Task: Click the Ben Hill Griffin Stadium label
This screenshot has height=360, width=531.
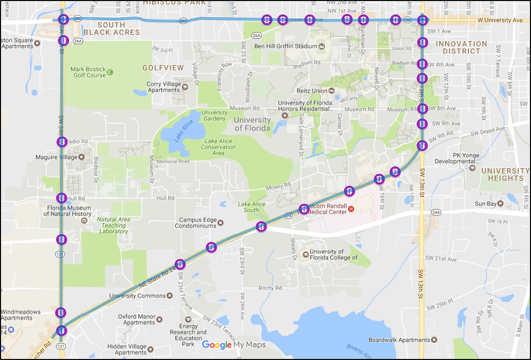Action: click(x=285, y=46)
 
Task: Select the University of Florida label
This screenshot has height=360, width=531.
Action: click(x=253, y=124)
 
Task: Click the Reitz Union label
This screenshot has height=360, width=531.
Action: click(x=311, y=91)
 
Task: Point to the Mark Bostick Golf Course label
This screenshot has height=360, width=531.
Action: click(x=88, y=72)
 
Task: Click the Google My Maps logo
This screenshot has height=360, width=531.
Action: click(x=234, y=345)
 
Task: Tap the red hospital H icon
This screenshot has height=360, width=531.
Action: click(x=351, y=209)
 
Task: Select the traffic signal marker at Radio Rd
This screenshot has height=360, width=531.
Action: click(x=62, y=142)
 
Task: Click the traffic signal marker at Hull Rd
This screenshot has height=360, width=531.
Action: click(x=61, y=198)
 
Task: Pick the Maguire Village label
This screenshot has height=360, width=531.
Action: click(x=65, y=158)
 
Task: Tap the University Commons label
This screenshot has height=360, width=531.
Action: click(x=137, y=296)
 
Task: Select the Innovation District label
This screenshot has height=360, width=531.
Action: click(x=461, y=47)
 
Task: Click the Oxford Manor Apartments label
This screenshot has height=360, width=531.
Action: click(x=136, y=319)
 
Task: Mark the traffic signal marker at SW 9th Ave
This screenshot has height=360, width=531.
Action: click(x=422, y=124)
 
